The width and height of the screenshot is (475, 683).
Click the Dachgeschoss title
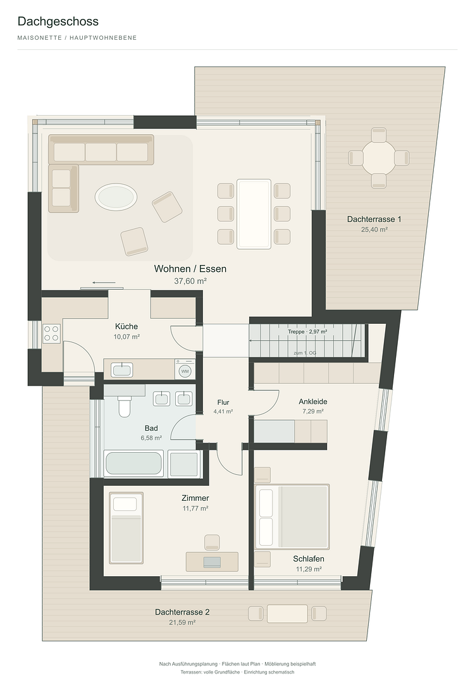[58, 22]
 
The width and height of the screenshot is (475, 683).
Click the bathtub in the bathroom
[134, 464]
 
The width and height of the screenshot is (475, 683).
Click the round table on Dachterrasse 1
[379, 157]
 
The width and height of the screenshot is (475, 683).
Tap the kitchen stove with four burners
[51, 333]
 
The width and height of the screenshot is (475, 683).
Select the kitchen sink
[121, 370]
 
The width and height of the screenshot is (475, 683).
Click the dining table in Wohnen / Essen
[254, 214]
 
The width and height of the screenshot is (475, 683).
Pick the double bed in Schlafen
[292, 516]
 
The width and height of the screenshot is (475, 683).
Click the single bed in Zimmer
[126, 528]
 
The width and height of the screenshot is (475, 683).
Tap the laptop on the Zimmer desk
[213, 562]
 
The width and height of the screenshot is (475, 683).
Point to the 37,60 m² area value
[190, 281]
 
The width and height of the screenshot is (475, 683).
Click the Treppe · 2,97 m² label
[307, 331]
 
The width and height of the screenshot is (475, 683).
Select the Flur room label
[223, 402]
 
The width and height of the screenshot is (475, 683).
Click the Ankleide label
[313, 402]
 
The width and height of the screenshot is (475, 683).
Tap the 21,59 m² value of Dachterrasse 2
[182, 622]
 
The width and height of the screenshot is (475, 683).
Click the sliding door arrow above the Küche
[104, 283]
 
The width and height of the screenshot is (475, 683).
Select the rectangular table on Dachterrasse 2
[287, 613]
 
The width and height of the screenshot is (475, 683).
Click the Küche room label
[126, 326]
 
